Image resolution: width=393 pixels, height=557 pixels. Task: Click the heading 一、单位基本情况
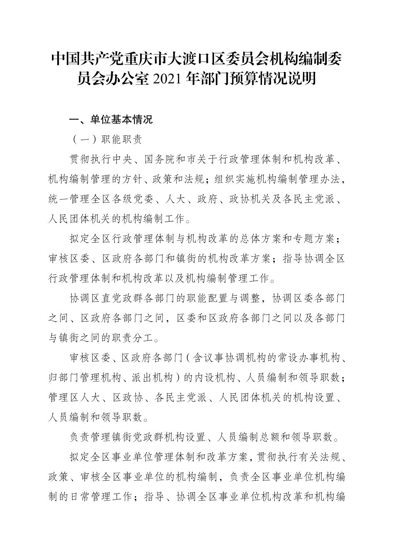tap(111, 120)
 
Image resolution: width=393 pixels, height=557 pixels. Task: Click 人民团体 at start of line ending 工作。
tap(70, 220)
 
